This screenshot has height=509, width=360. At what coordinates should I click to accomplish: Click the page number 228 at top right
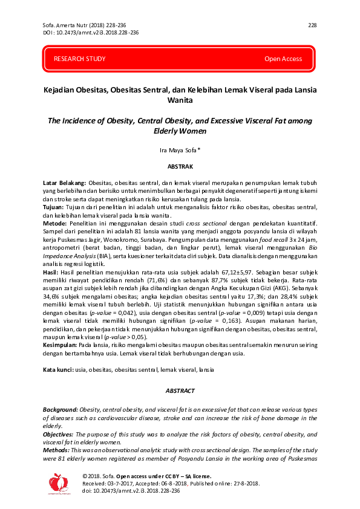(x=312, y=25)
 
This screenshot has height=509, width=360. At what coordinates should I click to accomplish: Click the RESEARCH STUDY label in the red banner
(x=80, y=59)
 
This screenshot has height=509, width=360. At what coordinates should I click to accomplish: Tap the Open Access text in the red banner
(x=283, y=59)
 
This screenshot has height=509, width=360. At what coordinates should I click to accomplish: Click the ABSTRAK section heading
(x=180, y=165)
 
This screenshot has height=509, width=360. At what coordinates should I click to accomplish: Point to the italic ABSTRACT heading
(x=180, y=391)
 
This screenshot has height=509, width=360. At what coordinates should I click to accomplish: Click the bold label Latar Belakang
(x=65, y=182)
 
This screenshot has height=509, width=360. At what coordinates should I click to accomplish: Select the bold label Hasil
(x=51, y=273)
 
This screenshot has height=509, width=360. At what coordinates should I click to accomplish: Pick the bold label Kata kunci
(x=58, y=369)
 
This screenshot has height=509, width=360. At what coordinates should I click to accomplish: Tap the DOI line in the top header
(x=91, y=32)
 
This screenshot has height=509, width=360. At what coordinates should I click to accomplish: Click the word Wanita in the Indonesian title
(x=180, y=100)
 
